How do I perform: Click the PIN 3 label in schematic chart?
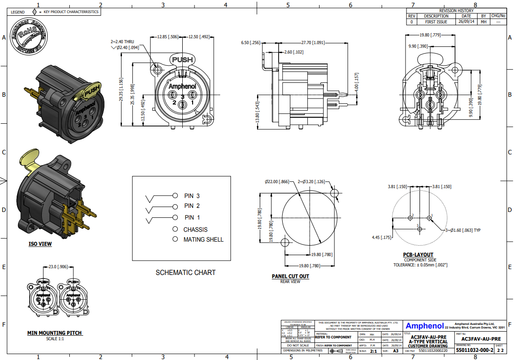(x=192, y=196)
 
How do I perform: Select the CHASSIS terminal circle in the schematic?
(x=175, y=229)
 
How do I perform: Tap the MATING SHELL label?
(x=203, y=239)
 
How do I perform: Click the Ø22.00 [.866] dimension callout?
(x=277, y=181)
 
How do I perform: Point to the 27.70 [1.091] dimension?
(x=312, y=42)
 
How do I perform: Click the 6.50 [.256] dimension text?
(x=251, y=42)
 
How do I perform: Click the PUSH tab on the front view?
(x=182, y=59)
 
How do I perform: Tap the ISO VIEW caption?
(x=40, y=244)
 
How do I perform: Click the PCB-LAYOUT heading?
(x=418, y=255)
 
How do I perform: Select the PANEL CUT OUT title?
(x=290, y=276)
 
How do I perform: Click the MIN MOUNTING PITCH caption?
(x=55, y=333)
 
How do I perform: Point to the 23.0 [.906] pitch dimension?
(x=58, y=266)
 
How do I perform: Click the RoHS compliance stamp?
(x=30, y=37)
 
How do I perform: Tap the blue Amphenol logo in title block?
(x=424, y=326)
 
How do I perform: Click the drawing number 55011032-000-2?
(x=474, y=350)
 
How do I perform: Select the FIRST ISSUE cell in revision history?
(x=436, y=22)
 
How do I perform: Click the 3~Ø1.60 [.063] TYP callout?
(x=463, y=230)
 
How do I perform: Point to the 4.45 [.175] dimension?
(x=381, y=237)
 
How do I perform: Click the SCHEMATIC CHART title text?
(x=185, y=272)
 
